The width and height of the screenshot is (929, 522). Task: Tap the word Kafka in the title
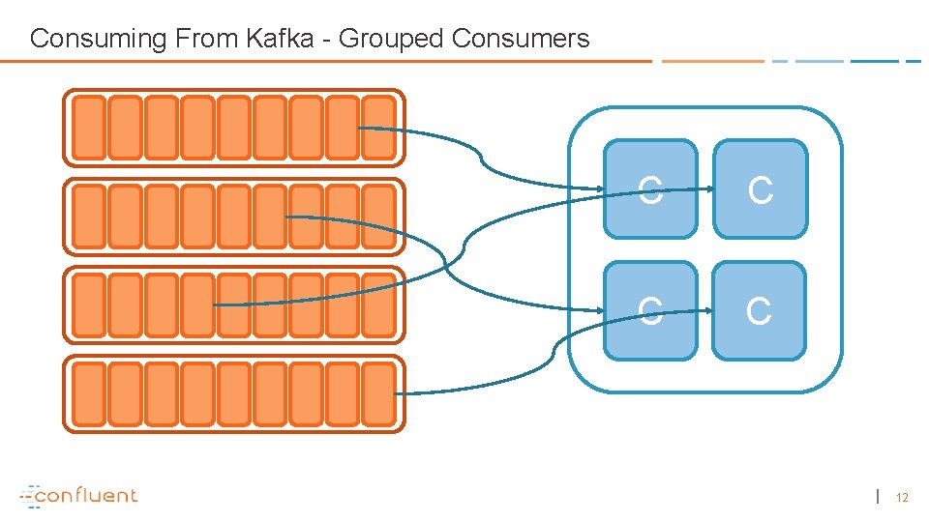point(286,39)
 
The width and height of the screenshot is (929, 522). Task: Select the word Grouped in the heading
point(391,39)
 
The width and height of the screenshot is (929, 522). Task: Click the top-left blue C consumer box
point(649,189)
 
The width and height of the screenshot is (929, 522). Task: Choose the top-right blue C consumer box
point(760,189)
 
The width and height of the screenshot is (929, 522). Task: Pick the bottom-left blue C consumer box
point(649,310)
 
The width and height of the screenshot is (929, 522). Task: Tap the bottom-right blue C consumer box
point(760,310)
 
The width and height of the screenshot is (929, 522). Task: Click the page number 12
point(902,498)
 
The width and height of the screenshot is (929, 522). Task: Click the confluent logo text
point(87,496)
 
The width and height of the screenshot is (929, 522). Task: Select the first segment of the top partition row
point(89,128)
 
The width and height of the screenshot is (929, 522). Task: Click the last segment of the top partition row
point(378,128)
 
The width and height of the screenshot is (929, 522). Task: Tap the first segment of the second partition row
point(89,217)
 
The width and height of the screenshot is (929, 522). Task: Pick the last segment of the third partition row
point(378,305)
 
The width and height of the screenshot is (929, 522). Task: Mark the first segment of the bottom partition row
point(89,393)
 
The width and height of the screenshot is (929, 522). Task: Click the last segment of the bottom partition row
point(378,393)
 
